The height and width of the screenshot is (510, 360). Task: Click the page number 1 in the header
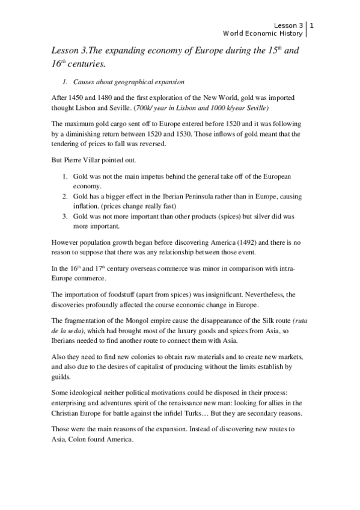(312, 25)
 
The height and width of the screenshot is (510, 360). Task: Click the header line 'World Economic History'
(263, 34)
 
